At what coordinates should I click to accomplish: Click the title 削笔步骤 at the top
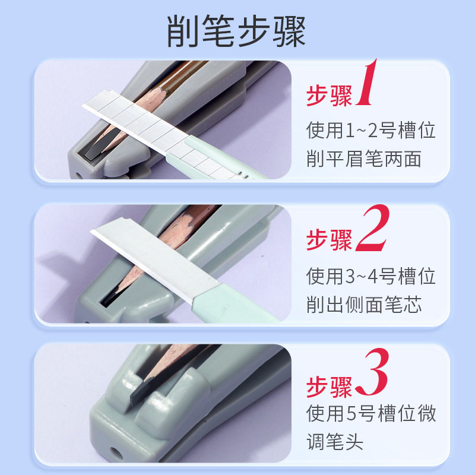[237, 32]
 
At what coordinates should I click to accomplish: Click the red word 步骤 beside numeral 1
[329, 96]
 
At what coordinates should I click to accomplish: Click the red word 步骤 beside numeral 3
[329, 385]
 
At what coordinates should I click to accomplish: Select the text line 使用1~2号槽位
[371, 129]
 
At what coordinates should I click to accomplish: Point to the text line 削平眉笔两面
[363, 159]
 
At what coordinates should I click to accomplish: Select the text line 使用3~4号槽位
[371, 275]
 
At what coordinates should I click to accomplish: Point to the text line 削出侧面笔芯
[363, 305]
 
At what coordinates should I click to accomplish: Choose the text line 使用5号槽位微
[371, 413]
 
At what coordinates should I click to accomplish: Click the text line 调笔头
[335, 442]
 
